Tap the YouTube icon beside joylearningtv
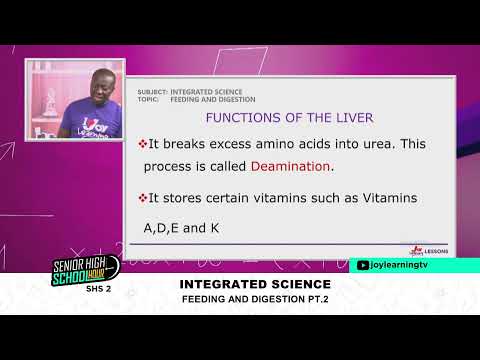tap(363, 265)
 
